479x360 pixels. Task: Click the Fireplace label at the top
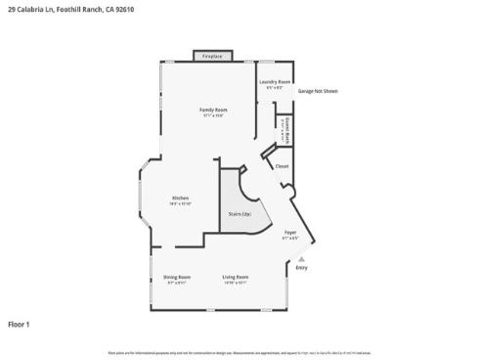coord(212,57)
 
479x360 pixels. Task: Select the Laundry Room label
coord(278,81)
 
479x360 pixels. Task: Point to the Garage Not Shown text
coord(318,90)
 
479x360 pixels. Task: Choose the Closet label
coord(282,166)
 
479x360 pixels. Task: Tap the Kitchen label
coord(181,198)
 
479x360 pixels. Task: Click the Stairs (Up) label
coord(239,213)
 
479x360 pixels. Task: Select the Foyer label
coord(290,232)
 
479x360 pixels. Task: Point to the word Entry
coord(301,267)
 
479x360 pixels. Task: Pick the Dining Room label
coord(177,277)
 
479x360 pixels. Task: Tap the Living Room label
coord(236,277)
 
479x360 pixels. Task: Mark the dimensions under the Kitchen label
coord(181,203)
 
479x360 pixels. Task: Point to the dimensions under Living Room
coord(236,283)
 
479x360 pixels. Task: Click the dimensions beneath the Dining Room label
coord(177,283)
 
